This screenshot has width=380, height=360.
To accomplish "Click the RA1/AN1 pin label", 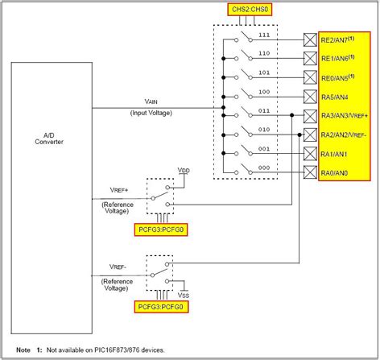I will [337, 153].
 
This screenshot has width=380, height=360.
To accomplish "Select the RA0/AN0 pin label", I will [337, 172].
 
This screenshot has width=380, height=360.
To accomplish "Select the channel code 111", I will [263, 35].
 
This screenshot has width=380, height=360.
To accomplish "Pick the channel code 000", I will [263, 167].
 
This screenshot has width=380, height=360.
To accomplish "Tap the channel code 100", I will [263, 91].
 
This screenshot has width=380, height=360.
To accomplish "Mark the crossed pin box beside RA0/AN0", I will [309, 172].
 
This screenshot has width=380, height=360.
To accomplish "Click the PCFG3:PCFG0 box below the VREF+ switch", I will [164, 230].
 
